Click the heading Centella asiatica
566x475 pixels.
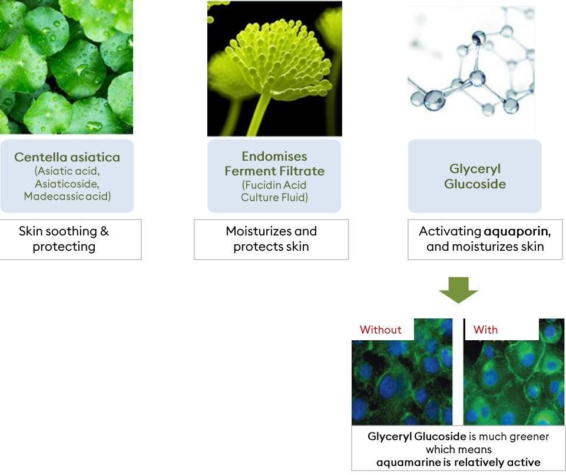click(x=67, y=157)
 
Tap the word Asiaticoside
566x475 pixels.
click(x=67, y=184)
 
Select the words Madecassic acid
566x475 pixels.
click(x=67, y=196)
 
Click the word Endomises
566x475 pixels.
click(x=274, y=156)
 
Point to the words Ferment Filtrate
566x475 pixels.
click(x=274, y=171)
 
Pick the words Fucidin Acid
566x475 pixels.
click(x=274, y=185)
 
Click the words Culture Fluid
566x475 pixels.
click(x=274, y=197)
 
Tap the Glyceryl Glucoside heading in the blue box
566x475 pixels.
click(x=475, y=177)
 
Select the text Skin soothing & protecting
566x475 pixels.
click(x=64, y=239)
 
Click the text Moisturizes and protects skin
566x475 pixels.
click(x=271, y=239)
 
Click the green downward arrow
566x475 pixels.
click(x=458, y=290)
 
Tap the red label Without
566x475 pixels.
click(x=380, y=330)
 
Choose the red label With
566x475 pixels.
click(x=485, y=330)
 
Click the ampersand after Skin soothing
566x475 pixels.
click(x=105, y=231)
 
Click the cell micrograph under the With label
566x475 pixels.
click(x=514, y=372)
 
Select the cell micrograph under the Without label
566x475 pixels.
click(x=402, y=372)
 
